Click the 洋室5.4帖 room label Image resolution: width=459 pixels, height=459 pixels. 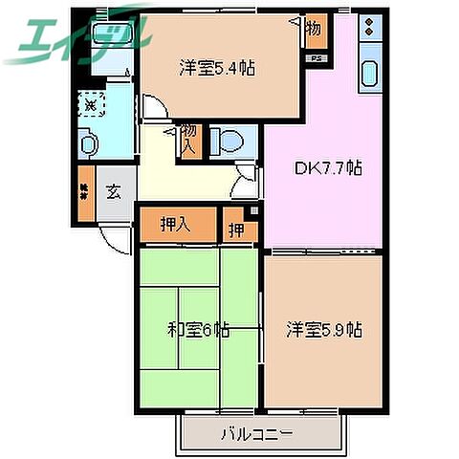[x=219, y=68]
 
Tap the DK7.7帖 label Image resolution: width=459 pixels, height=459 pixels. [x=326, y=168]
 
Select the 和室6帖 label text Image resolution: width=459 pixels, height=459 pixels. [x=198, y=330]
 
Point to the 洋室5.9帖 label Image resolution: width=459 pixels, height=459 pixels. [x=324, y=330]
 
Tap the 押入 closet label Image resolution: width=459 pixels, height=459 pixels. [x=173, y=226]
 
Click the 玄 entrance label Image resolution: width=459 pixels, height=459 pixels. [x=114, y=190]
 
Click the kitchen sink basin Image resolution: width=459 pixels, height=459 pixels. [x=368, y=72]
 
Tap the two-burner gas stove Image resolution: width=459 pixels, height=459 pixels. [x=367, y=28]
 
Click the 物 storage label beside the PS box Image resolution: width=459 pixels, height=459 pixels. [x=314, y=30]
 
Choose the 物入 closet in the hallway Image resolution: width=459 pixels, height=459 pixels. [x=189, y=140]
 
